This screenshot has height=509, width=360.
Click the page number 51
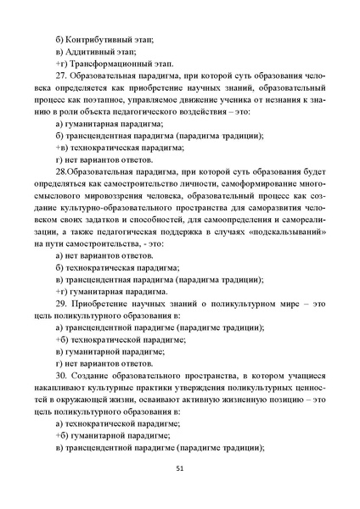(x=179, y=468)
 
